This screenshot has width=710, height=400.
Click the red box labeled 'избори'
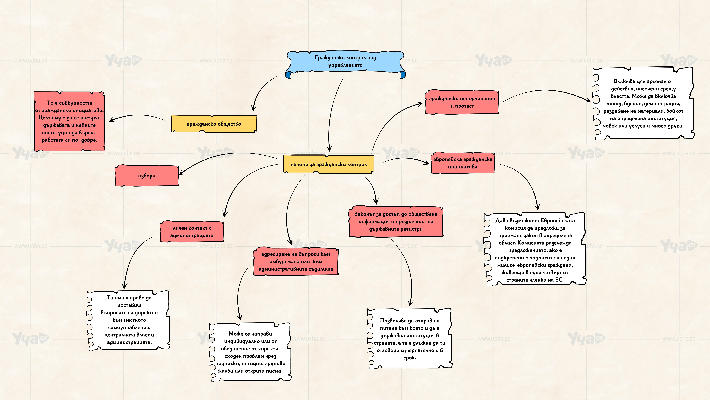click(x=147, y=176)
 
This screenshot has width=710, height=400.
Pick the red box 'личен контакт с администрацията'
click(x=192, y=232)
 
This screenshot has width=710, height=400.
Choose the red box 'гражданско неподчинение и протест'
click(x=462, y=102)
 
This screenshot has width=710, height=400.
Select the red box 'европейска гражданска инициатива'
click(x=463, y=163)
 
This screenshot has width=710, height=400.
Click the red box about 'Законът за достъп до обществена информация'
click(x=396, y=221)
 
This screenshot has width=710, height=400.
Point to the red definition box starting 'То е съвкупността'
click(x=69, y=121)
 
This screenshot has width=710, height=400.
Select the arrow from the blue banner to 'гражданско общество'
click(x=263, y=89)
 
